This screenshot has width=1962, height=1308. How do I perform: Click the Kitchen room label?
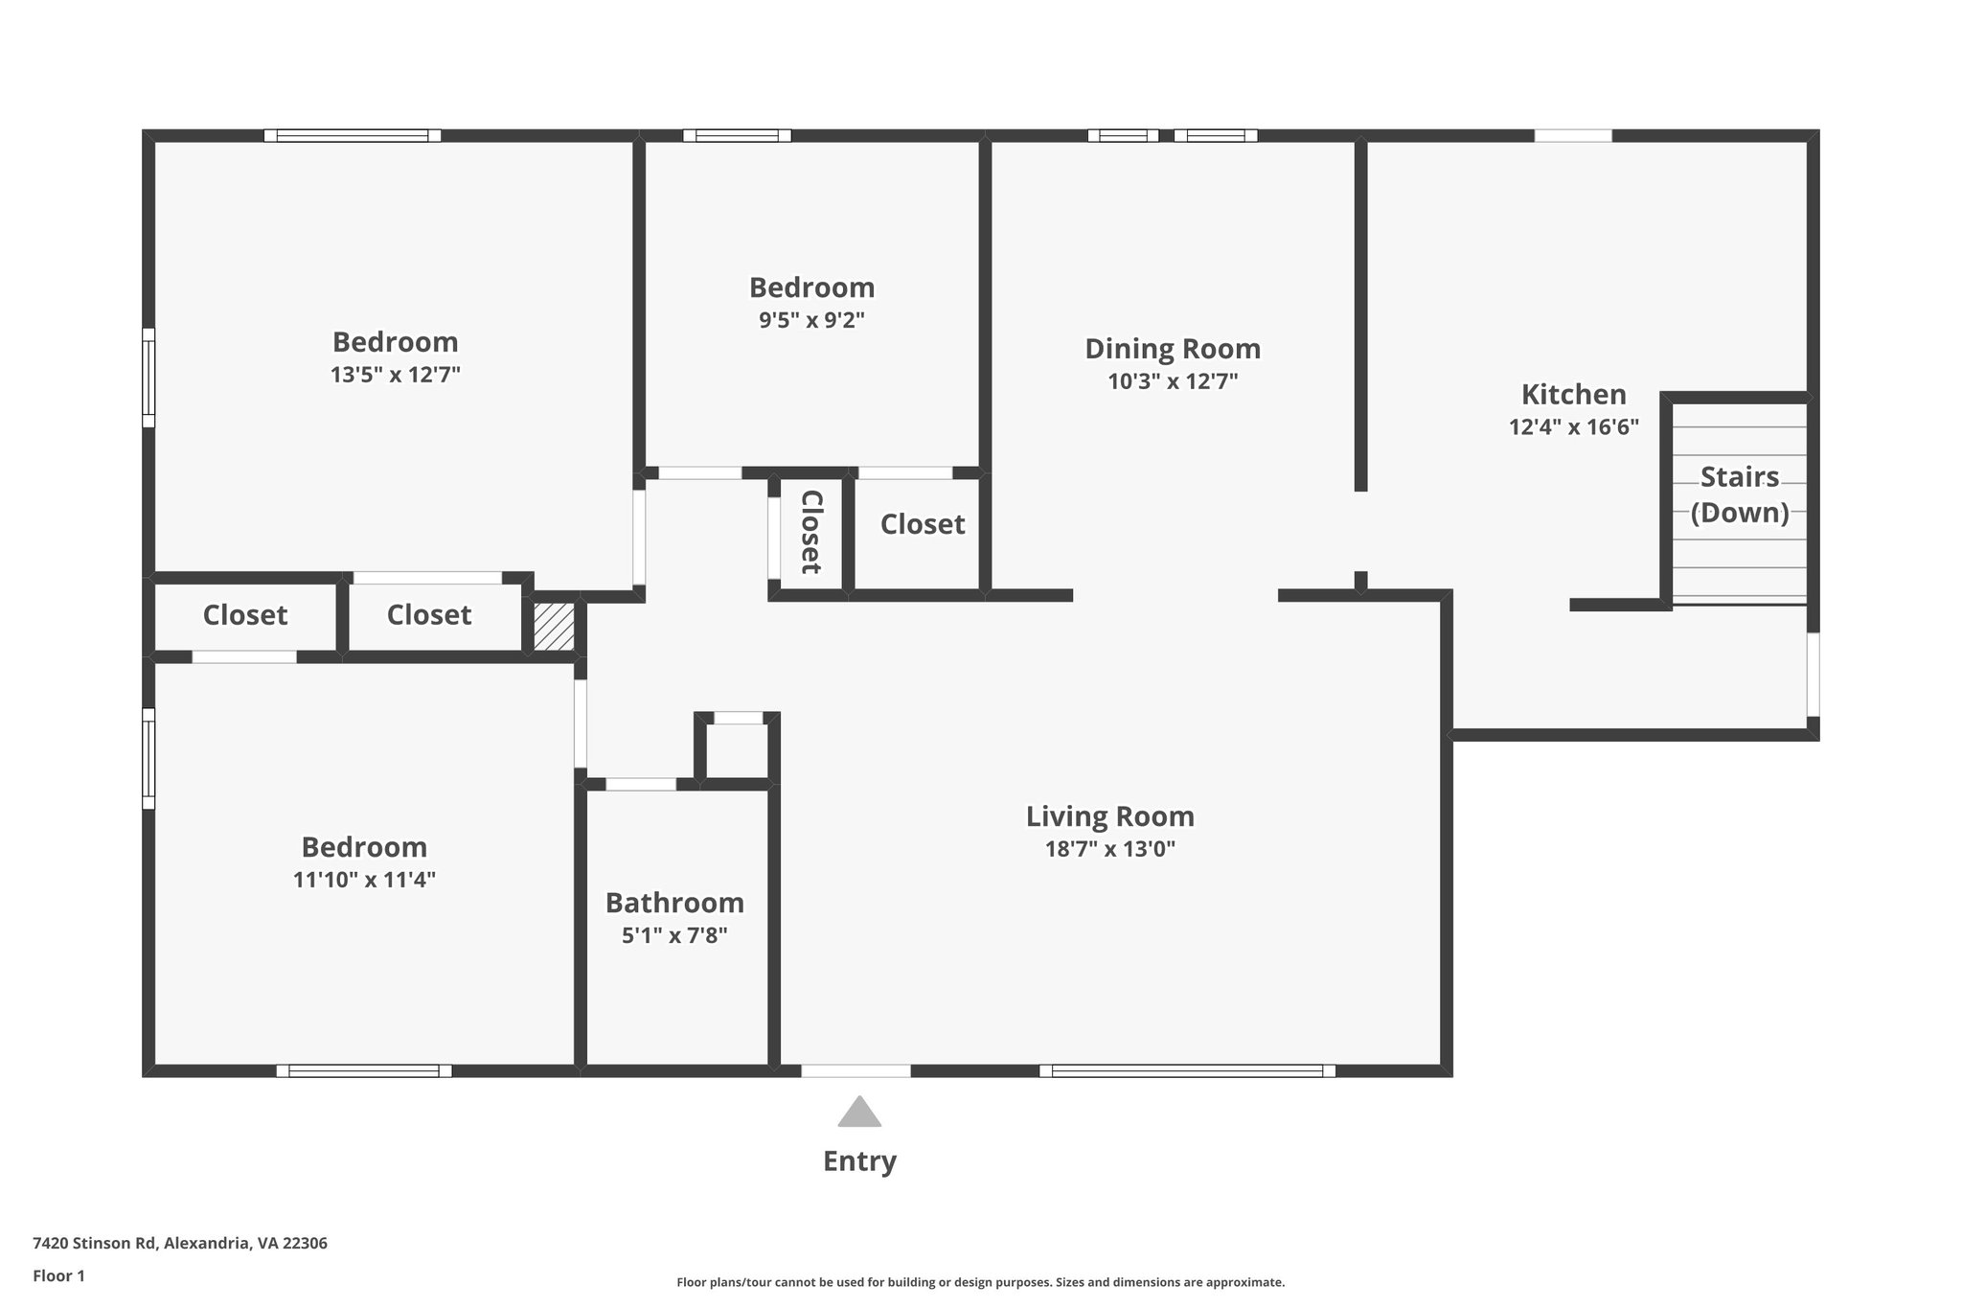click(1573, 394)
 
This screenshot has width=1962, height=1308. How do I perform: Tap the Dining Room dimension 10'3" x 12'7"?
click(1173, 381)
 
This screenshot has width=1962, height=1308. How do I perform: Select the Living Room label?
click(1109, 816)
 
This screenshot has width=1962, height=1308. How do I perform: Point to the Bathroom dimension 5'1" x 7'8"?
click(674, 935)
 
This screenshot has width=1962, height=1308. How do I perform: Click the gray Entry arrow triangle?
click(859, 1113)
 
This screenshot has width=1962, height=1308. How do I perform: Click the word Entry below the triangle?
click(859, 1161)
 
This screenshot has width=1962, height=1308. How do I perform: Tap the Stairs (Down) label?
click(1739, 494)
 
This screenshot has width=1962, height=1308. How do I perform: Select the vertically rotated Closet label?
click(811, 532)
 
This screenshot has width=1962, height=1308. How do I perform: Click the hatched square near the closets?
click(554, 627)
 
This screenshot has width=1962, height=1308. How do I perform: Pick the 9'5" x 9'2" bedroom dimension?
click(811, 320)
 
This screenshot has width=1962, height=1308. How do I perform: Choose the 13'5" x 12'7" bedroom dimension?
click(395, 375)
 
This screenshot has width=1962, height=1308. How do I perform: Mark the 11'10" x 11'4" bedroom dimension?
click(364, 880)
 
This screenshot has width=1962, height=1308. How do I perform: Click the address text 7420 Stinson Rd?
click(180, 1243)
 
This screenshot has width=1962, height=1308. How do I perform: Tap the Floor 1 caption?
click(58, 1275)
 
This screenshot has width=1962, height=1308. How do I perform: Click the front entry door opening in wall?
click(856, 1070)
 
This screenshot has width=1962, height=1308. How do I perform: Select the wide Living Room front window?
click(1187, 1070)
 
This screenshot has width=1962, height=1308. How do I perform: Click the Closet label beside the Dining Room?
click(922, 524)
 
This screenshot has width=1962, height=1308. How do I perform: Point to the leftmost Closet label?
click(244, 615)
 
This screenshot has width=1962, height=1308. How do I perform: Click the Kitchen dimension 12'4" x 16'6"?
click(1573, 427)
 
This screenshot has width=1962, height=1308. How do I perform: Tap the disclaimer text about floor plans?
click(980, 1282)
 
